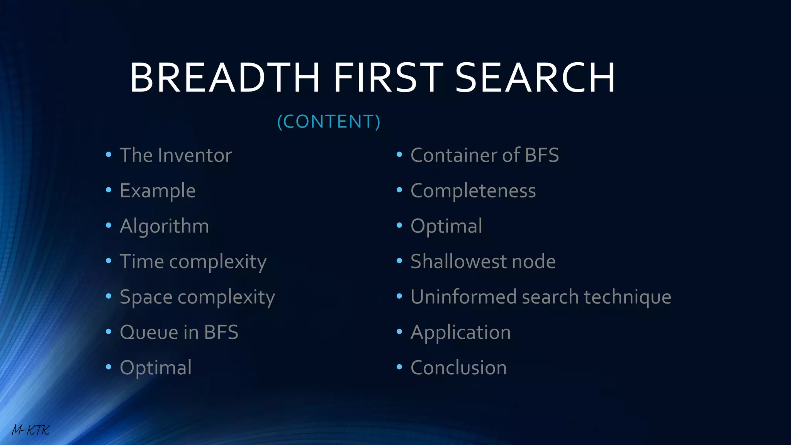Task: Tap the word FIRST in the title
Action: pos(388,78)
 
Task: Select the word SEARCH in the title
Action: pos(535,78)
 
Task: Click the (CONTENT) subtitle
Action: pos(329,122)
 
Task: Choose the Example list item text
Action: pos(158,191)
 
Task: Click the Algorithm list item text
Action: pos(164,226)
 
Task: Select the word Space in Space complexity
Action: pos(146,297)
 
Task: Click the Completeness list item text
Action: pos(473,191)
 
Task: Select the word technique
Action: pos(627,297)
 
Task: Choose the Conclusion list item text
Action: pos(458,368)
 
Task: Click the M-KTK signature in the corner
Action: pos(31,430)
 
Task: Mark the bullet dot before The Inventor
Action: pos(109,155)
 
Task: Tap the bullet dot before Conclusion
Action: pos(399,367)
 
